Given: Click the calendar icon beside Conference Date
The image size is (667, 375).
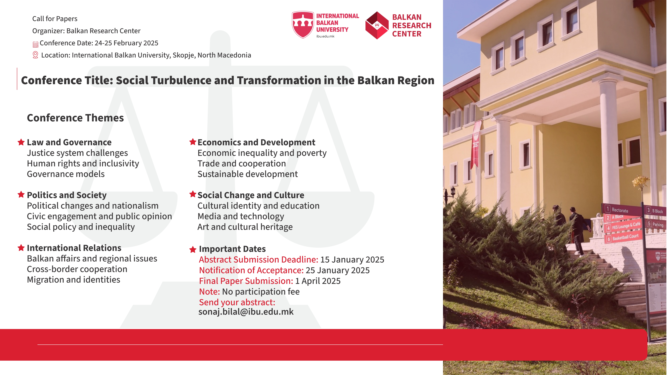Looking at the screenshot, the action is (x=35, y=44).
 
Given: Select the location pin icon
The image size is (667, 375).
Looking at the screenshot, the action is (x=35, y=55).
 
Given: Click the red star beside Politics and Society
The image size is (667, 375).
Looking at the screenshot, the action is (x=21, y=194).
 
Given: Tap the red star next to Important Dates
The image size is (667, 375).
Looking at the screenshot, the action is (x=193, y=249).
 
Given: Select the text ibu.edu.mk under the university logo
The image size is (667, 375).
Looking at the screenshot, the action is (x=325, y=36).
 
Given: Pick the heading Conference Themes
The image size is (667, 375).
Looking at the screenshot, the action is (x=75, y=118).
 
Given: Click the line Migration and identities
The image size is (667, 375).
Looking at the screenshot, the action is (x=74, y=280).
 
